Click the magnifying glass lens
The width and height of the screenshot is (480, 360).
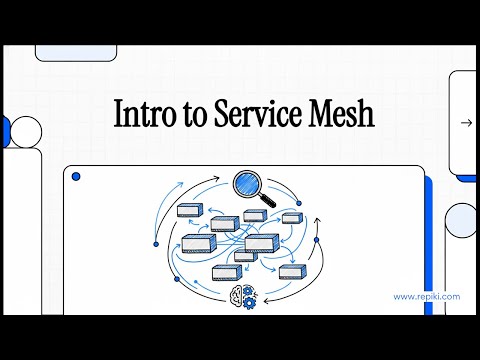[x=246, y=185]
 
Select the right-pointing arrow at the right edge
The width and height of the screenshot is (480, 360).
[x=466, y=123]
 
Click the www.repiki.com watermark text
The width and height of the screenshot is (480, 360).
[x=427, y=296]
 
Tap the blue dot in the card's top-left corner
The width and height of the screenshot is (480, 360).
[x=76, y=177]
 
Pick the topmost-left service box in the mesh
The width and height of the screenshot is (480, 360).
[x=190, y=211]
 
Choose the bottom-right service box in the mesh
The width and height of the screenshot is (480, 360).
[x=291, y=271]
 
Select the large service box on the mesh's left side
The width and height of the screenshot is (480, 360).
[x=198, y=243]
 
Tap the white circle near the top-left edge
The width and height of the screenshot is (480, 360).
[x=21, y=130]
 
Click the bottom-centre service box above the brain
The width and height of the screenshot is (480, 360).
[x=225, y=272]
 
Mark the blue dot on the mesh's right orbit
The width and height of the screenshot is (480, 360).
[x=316, y=240]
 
